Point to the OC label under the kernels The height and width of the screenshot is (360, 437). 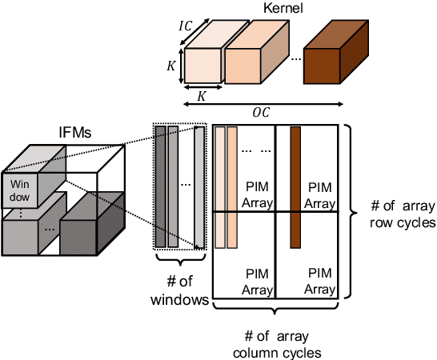pyautogui.click(x=261, y=112)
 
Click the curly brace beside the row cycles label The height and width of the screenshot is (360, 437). pyautogui.click(x=350, y=210)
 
